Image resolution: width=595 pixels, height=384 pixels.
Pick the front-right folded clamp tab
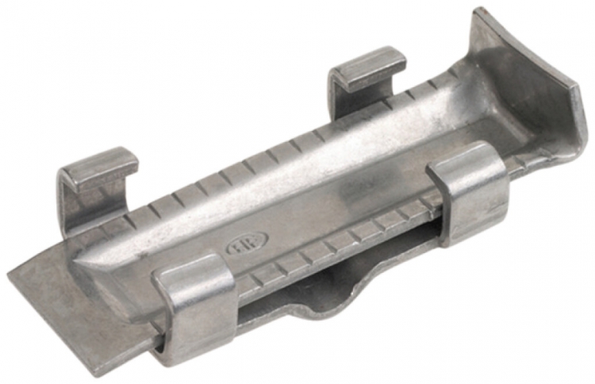[x=467, y=190]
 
